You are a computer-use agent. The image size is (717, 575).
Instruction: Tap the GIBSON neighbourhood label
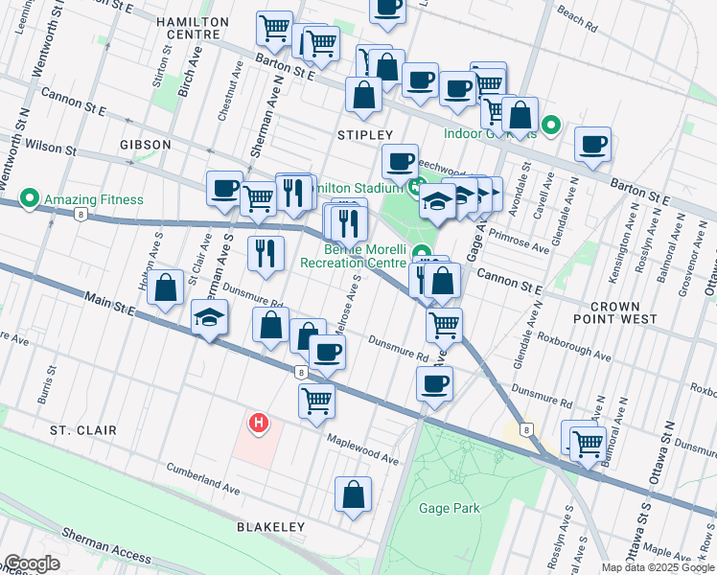tap(146, 145)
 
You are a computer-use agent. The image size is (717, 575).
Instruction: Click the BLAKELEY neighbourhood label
tap(270, 527)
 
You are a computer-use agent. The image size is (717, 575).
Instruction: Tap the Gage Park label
tap(449, 508)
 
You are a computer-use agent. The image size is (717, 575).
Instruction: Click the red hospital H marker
tap(257, 422)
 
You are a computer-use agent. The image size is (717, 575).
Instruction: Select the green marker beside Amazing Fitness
tap(29, 200)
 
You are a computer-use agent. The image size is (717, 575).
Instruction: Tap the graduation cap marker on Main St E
tap(208, 317)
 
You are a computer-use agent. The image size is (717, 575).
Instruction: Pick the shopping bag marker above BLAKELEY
tap(353, 494)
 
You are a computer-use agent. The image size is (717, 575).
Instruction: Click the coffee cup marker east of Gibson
tap(224, 188)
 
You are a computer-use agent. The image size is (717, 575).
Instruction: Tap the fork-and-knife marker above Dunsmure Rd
tap(265, 253)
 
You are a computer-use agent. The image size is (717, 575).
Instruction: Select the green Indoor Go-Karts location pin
tap(551, 125)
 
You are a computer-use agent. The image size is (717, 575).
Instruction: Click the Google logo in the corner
tap(32, 563)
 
